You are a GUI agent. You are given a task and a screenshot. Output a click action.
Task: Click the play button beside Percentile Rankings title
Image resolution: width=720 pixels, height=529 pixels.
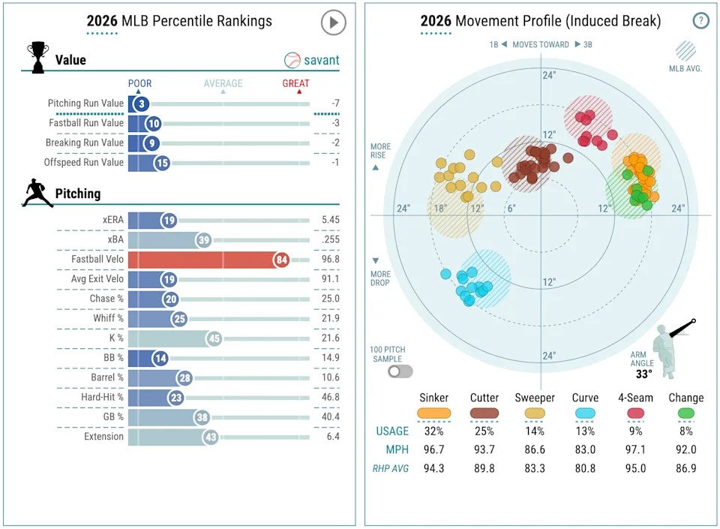click(x=333, y=23)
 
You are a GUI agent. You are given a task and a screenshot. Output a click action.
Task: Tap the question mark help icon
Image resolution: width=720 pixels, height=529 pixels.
click(x=700, y=21)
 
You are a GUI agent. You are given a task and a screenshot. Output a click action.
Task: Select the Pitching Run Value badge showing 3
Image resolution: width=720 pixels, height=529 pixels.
click(x=140, y=104)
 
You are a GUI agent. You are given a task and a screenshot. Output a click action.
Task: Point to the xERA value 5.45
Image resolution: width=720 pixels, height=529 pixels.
click(x=330, y=221)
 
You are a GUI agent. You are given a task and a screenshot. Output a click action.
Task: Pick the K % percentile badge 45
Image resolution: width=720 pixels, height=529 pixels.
click(x=214, y=338)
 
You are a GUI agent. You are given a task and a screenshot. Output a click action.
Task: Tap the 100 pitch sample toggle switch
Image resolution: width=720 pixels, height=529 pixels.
click(x=399, y=370)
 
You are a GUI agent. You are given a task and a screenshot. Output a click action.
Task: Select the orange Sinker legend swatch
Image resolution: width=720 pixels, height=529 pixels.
click(x=434, y=413)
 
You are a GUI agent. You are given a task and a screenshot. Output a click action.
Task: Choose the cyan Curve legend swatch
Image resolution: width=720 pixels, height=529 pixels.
click(x=585, y=413)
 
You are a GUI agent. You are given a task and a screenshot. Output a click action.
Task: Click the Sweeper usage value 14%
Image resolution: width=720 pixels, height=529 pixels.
click(x=535, y=431)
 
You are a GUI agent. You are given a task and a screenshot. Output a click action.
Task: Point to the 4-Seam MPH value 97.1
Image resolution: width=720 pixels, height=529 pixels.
click(x=634, y=450)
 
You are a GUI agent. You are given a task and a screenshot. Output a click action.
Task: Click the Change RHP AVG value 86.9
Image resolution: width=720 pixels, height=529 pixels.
click(x=685, y=469)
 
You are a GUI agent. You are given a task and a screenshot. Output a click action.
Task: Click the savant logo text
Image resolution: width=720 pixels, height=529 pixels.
click(x=321, y=60)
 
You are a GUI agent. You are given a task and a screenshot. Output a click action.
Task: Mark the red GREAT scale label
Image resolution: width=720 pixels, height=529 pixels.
click(x=295, y=83)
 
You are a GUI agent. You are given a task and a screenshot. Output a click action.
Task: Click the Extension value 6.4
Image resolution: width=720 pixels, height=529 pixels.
click(x=333, y=436)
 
